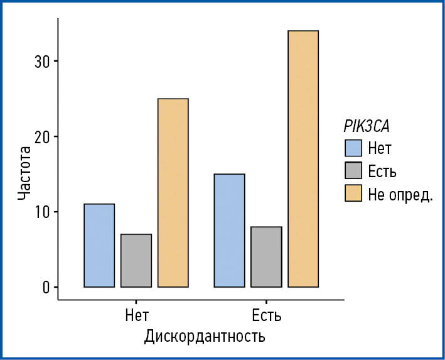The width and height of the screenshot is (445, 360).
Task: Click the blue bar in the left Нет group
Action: click(99, 245)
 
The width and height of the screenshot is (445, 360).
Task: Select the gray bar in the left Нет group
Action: click(136, 260)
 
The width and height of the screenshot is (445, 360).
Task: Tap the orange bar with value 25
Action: click(173, 192)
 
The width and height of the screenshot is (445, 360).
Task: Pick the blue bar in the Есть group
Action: click(229, 230)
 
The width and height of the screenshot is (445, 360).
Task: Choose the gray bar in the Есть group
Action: click(266, 256)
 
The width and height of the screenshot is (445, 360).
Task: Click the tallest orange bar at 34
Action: click(303, 158)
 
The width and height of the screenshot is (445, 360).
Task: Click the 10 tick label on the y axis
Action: click(41, 212)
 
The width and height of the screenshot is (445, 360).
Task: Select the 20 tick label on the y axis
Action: click(41, 136)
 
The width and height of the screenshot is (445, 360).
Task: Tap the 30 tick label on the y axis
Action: click(41, 61)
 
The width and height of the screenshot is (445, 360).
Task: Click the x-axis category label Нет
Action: click(137, 314)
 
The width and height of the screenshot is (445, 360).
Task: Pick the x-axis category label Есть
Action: click(266, 314)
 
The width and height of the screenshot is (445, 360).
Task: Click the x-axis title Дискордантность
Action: click(205, 336)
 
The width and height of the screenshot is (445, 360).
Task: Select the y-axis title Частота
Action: click(24, 173)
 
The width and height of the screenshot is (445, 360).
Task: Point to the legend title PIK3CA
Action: click(367, 126)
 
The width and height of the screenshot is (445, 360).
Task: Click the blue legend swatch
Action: click(353, 148)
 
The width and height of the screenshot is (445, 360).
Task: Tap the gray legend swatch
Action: click(353, 170)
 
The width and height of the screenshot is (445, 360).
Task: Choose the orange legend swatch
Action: click(353, 193)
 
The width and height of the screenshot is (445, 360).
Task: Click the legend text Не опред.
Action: click(400, 194)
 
